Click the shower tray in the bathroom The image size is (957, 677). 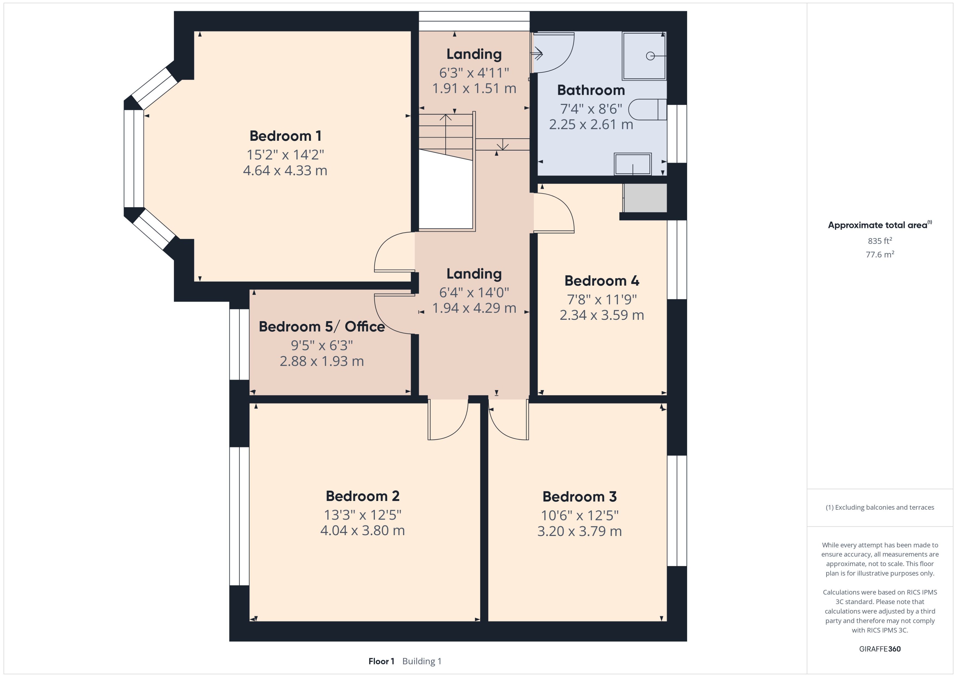[x=644, y=55]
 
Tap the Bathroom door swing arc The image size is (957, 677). [x=555, y=52]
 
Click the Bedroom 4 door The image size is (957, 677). [x=554, y=213]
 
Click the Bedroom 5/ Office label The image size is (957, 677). [x=322, y=326]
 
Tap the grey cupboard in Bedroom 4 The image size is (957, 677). [x=645, y=198]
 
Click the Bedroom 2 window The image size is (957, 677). [x=239, y=516]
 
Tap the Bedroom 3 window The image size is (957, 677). [x=677, y=511]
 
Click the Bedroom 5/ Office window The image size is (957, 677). [x=239, y=344]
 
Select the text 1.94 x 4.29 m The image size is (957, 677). [x=474, y=308]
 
